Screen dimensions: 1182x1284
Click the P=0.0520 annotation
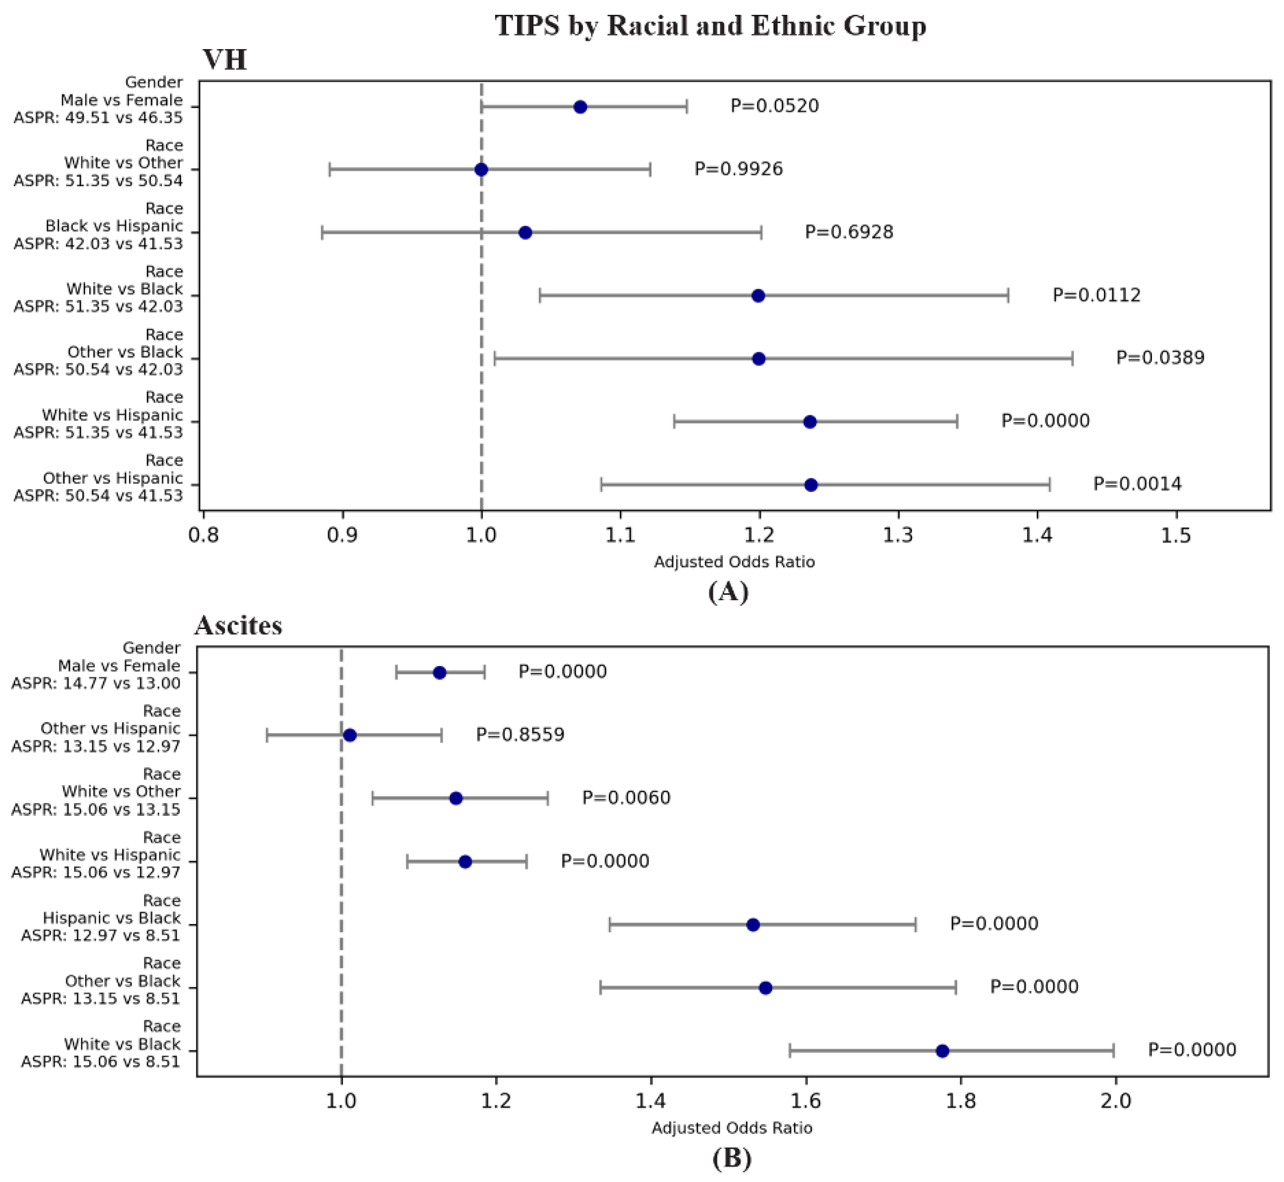(774, 106)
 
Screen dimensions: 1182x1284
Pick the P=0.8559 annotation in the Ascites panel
(520, 734)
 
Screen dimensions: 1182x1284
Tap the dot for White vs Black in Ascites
(942, 1051)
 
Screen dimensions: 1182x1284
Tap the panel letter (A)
(728, 592)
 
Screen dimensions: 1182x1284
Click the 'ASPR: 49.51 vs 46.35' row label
(98, 118)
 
